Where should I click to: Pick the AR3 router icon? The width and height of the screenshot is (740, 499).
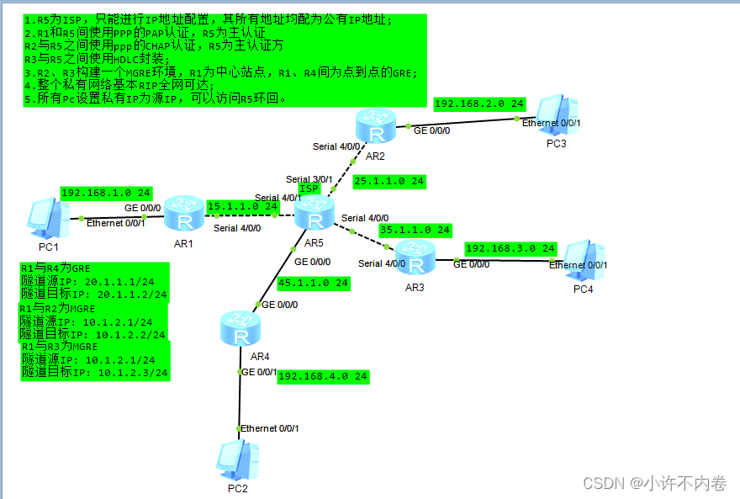pos(414,253)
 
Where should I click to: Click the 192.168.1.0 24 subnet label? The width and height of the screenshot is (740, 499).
pos(106,193)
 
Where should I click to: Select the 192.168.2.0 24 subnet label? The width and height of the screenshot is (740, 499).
pos(479,104)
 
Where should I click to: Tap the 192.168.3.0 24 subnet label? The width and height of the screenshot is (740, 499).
pos(510,249)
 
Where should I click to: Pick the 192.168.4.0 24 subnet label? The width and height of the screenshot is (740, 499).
pos(323,376)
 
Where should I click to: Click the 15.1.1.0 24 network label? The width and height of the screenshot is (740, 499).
pos(242,206)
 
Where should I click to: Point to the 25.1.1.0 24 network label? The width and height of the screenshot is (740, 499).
pos(388,181)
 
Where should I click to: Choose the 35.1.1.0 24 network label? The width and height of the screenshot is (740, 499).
pos(415,230)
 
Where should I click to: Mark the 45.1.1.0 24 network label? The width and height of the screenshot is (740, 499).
pos(313,284)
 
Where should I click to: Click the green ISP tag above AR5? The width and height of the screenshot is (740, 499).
pos(309,188)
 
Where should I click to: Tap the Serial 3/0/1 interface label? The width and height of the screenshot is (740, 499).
pos(309,179)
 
